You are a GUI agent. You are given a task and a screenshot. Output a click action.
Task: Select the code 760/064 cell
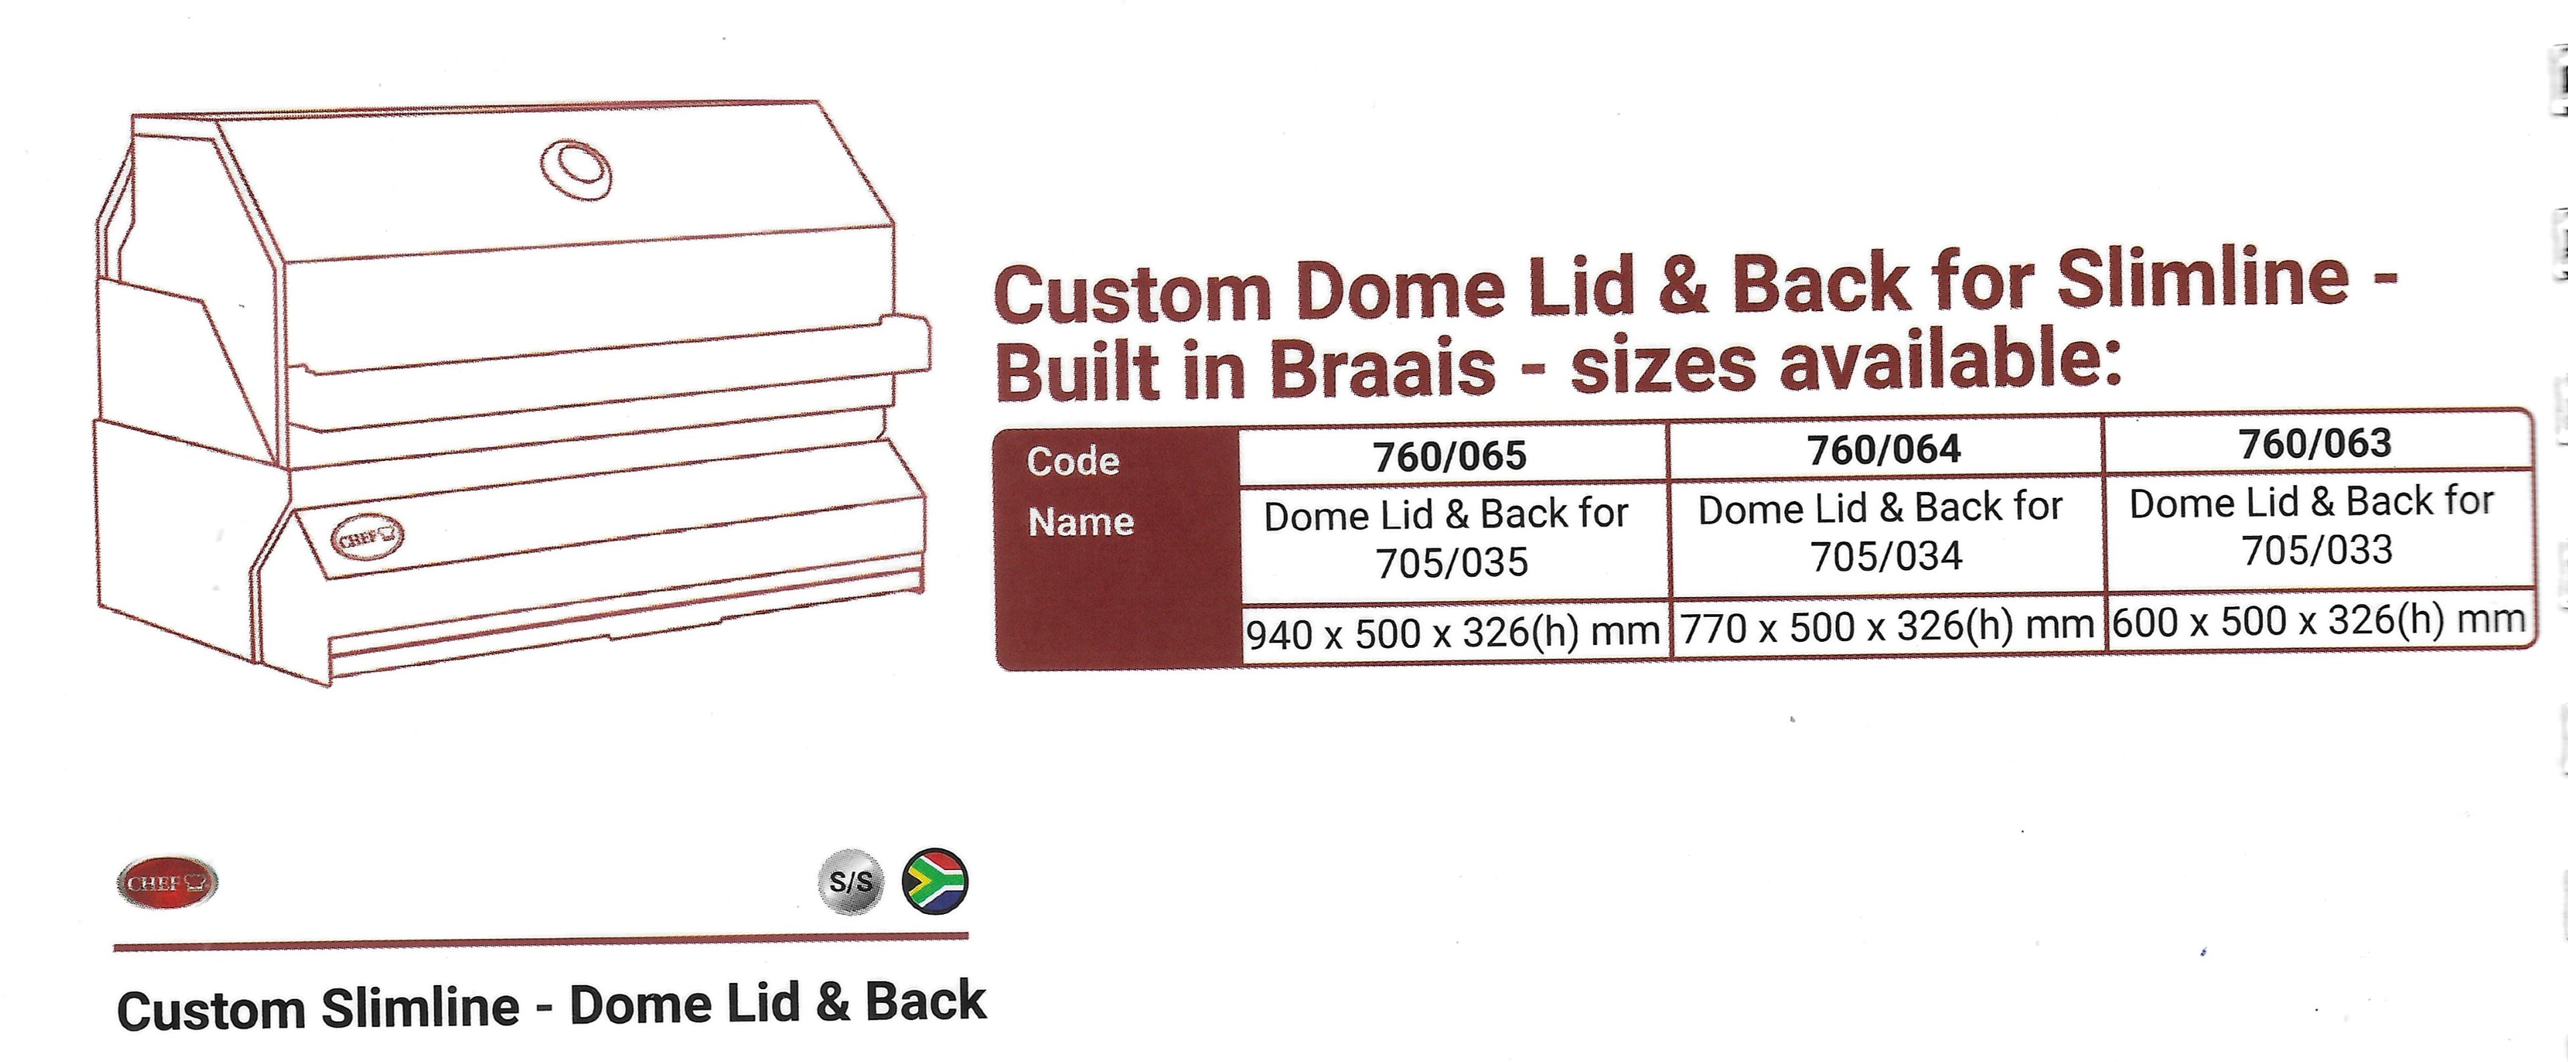(1884, 450)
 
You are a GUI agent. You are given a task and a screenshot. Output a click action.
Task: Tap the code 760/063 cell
(2315, 444)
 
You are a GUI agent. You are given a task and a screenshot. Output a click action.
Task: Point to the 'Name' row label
(1081, 521)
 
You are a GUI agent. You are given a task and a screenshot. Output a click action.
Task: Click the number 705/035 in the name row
(1451, 563)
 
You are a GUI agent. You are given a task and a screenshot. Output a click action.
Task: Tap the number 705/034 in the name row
(1886, 556)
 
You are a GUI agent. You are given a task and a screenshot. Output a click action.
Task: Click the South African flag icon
(934, 881)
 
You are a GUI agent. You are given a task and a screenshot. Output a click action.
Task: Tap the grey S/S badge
(851, 881)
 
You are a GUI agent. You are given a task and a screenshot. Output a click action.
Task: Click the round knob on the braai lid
(575, 171)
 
